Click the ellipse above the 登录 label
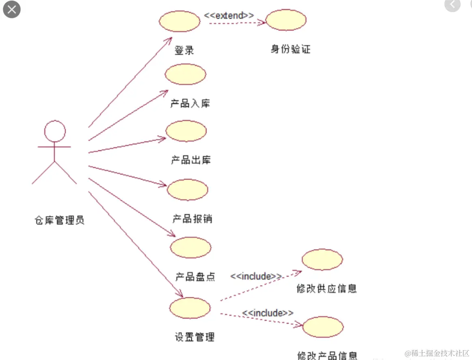pos(179,21)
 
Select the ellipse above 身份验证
pos(286,20)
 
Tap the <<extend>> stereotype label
pos(229,15)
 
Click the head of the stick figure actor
pos(55,131)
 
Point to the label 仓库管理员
pos(60,221)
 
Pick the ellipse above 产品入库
pos(185,74)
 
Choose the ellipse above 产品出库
pos(186,131)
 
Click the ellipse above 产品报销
pos(187,190)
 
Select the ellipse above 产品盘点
pos(191,248)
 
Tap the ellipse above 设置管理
pos(190,308)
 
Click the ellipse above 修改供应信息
pos(322,259)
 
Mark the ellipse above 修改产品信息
pos(323,327)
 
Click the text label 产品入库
pos(190,104)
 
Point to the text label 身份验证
pos(290,49)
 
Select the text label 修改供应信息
pos(327,289)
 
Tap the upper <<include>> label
pos(256,276)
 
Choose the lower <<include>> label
pos(268,313)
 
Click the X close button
pos(12,9)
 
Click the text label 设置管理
pos(195,337)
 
